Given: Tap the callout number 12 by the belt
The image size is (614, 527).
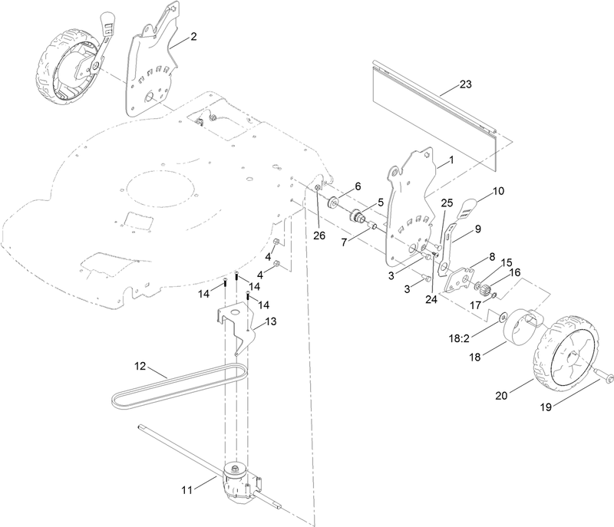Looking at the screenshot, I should [x=140, y=367].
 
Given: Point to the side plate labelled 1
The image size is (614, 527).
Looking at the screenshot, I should [x=414, y=199].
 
